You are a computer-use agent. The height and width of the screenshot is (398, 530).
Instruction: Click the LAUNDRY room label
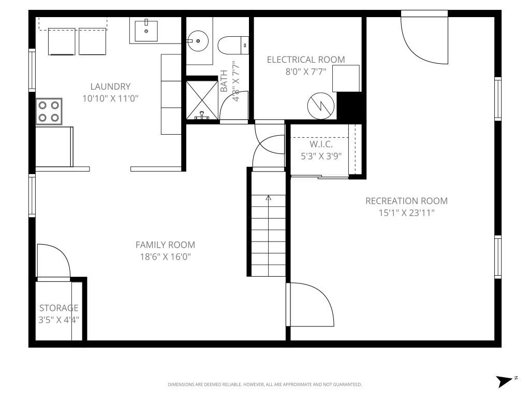point(110,87)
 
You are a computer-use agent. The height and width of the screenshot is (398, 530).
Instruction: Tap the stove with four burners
point(49,112)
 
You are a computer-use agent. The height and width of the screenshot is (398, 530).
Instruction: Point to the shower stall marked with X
point(201,98)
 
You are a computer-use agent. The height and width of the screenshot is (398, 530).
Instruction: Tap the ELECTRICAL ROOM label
point(305,60)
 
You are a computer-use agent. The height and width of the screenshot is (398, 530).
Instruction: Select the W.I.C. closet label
point(321,144)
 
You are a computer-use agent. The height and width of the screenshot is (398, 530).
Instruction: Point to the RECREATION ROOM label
point(406,201)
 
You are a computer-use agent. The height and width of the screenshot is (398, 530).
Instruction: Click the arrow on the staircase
point(268,197)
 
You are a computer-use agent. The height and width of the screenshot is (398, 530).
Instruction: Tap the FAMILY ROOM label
point(165,245)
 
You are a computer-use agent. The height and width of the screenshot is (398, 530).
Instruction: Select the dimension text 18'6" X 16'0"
point(165,257)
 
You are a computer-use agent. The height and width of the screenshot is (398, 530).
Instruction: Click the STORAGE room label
point(59,308)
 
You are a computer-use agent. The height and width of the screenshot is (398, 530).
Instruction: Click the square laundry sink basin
point(146,31)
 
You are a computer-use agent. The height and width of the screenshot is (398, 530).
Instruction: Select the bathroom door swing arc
point(234,106)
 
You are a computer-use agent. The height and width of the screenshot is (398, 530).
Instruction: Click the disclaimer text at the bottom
point(264,385)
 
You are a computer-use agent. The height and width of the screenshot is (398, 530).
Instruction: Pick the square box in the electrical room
point(346,78)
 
